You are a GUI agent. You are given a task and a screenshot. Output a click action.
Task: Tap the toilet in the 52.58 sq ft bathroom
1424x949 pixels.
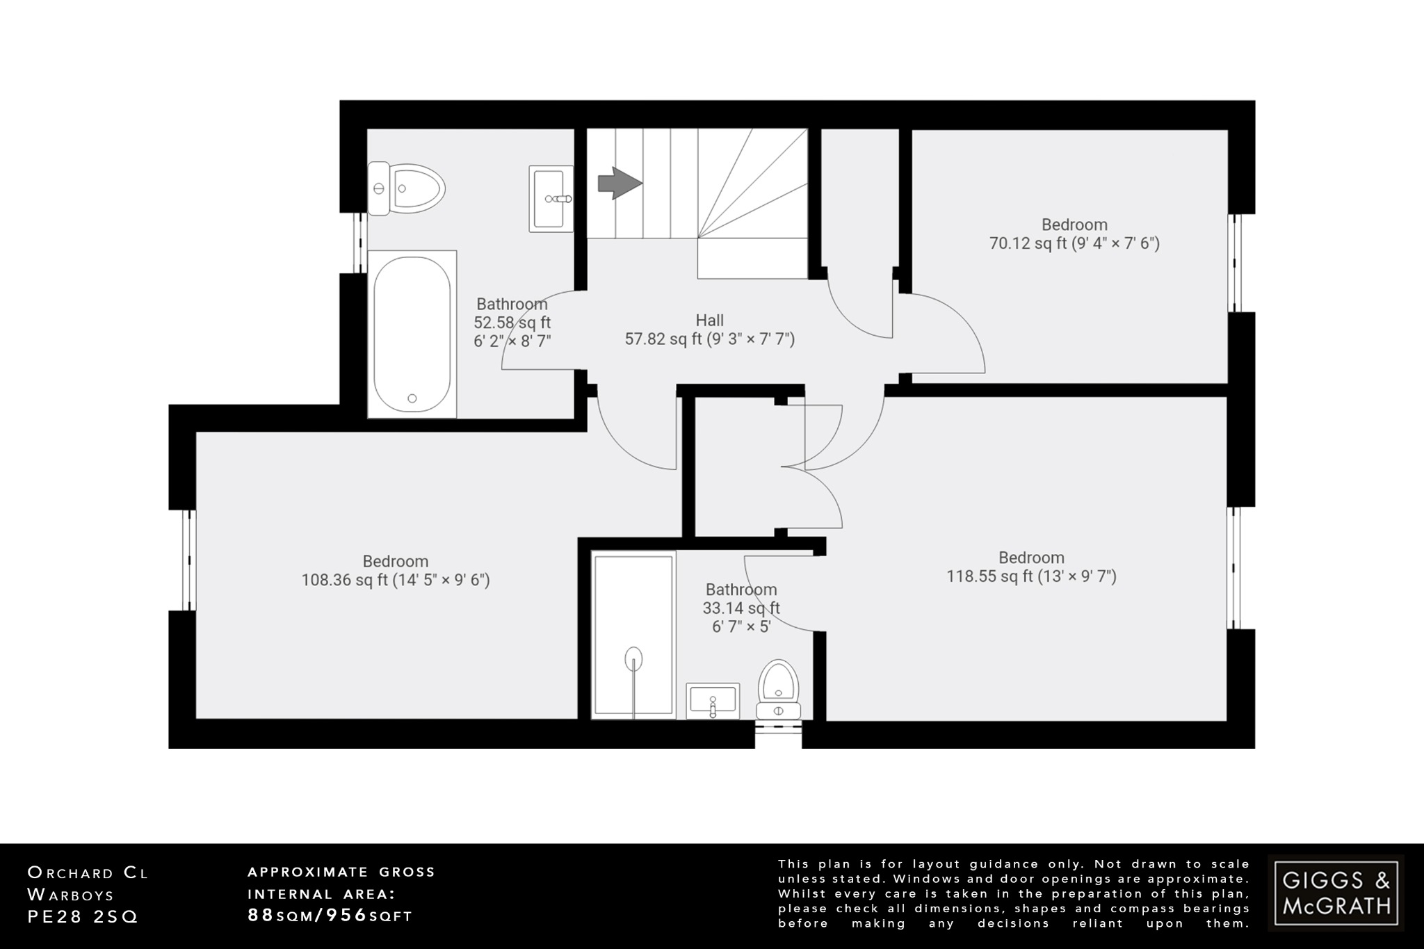coord(407,188)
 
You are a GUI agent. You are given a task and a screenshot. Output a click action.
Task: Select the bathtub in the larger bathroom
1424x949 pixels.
coord(412,334)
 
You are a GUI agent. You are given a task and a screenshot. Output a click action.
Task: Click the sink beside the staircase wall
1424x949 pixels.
coord(551,198)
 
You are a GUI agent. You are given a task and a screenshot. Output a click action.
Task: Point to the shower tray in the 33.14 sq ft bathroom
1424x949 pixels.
coord(633,634)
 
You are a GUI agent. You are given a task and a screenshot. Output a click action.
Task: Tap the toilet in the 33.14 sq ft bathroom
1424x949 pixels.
coord(779,688)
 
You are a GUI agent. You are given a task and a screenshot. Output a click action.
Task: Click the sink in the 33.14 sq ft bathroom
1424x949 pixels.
coord(713,700)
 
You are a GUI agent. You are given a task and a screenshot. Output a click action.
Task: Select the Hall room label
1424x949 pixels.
coord(709,321)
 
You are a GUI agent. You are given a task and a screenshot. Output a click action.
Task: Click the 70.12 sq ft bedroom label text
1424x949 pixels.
coord(1074,234)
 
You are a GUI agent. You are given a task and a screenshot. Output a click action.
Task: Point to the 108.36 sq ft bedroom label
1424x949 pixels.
coord(395,571)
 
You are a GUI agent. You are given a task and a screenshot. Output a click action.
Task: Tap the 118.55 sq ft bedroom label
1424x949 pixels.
coord(1031,567)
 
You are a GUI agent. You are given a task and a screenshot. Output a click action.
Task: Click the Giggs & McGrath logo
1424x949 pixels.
coord(1336,893)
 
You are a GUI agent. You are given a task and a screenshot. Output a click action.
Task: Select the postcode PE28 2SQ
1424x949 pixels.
coord(83,917)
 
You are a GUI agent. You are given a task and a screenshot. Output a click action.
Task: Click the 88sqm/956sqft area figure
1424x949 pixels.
coord(330,916)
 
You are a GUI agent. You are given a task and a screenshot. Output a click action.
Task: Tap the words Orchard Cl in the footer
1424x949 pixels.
coord(88,873)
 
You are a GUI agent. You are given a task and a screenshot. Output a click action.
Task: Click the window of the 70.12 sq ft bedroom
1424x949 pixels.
coord(1236,263)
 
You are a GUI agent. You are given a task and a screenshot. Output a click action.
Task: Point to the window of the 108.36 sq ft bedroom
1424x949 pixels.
coord(189,560)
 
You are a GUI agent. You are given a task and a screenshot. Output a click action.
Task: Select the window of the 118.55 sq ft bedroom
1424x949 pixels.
coord(1233,567)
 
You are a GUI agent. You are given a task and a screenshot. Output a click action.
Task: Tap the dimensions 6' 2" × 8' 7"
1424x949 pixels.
coord(512,341)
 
